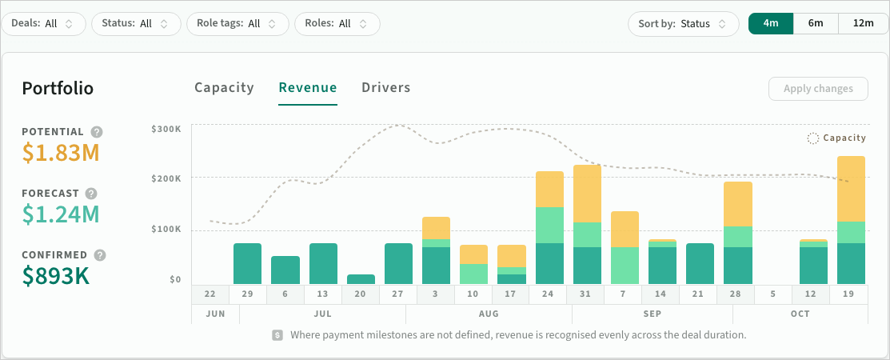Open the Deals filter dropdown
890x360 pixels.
point(43,24)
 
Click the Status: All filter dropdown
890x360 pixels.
point(136,24)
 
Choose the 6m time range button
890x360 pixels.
point(816,23)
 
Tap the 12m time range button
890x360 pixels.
point(864,23)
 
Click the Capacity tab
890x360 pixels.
point(224,87)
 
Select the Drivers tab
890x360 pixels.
point(386,87)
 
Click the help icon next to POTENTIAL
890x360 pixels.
point(97,132)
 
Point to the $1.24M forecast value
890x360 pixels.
point(61,214)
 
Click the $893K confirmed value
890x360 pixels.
point(56,275)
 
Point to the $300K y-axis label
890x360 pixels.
point(166,129)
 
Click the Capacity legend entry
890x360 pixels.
point(836,138)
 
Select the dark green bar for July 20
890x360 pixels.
point(361,279)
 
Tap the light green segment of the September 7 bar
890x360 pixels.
point(625,266)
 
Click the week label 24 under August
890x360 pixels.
point(548,294)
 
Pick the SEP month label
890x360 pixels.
point(653,314)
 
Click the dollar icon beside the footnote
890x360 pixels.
point(277,335)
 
